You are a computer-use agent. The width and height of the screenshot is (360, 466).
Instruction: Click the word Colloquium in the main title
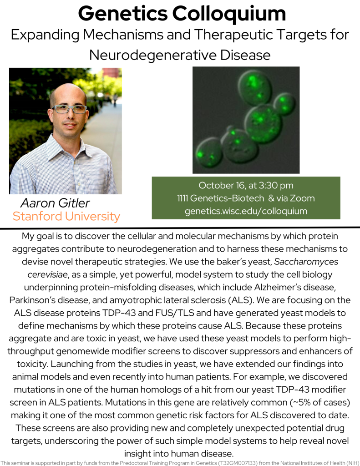229,14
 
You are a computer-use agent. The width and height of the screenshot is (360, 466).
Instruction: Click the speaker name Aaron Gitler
55,203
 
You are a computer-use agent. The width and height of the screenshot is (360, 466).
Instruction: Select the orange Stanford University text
66,216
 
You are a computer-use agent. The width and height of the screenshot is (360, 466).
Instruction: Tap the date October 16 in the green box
222,186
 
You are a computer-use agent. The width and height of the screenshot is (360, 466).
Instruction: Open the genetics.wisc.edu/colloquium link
246,211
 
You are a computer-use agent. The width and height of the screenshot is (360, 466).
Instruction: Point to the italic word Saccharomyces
306,262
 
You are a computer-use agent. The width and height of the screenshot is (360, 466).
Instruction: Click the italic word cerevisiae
48,274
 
